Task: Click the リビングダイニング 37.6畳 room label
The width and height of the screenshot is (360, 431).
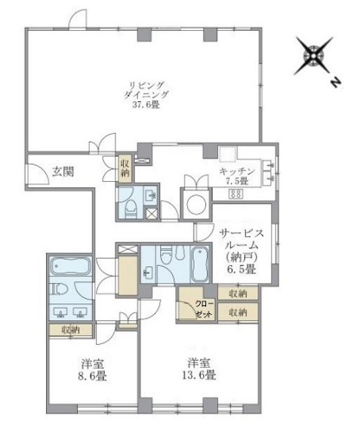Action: coord(146,95)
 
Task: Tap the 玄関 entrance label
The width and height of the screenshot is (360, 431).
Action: coord(63,172)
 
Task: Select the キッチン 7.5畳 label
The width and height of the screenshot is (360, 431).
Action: coord(237,176)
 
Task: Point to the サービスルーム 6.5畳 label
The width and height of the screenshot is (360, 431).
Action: coord(242,251)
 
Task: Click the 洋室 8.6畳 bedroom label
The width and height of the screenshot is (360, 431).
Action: coord(92,370)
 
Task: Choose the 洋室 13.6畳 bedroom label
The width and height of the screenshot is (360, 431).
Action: coord(199,369)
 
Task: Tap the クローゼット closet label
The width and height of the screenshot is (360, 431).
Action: coord(205,309)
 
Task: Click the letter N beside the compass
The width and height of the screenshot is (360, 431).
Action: coord(335,82)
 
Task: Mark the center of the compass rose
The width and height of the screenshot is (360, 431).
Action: coord(313,57)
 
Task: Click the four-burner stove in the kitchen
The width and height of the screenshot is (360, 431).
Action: coord(235,194)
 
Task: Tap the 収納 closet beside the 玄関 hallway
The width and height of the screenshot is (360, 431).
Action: coord(125,169)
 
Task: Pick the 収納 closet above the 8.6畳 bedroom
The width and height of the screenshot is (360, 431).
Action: coord(71,330)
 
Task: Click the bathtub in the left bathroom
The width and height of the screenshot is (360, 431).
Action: coord(71,266)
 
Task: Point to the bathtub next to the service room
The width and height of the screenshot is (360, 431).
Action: coord(199,264)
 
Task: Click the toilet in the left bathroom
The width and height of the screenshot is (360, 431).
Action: coord(59,288)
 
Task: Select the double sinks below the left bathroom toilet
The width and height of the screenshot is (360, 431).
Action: coord(70,312)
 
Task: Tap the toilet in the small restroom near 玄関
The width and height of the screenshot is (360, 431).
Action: coord(131,209)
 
